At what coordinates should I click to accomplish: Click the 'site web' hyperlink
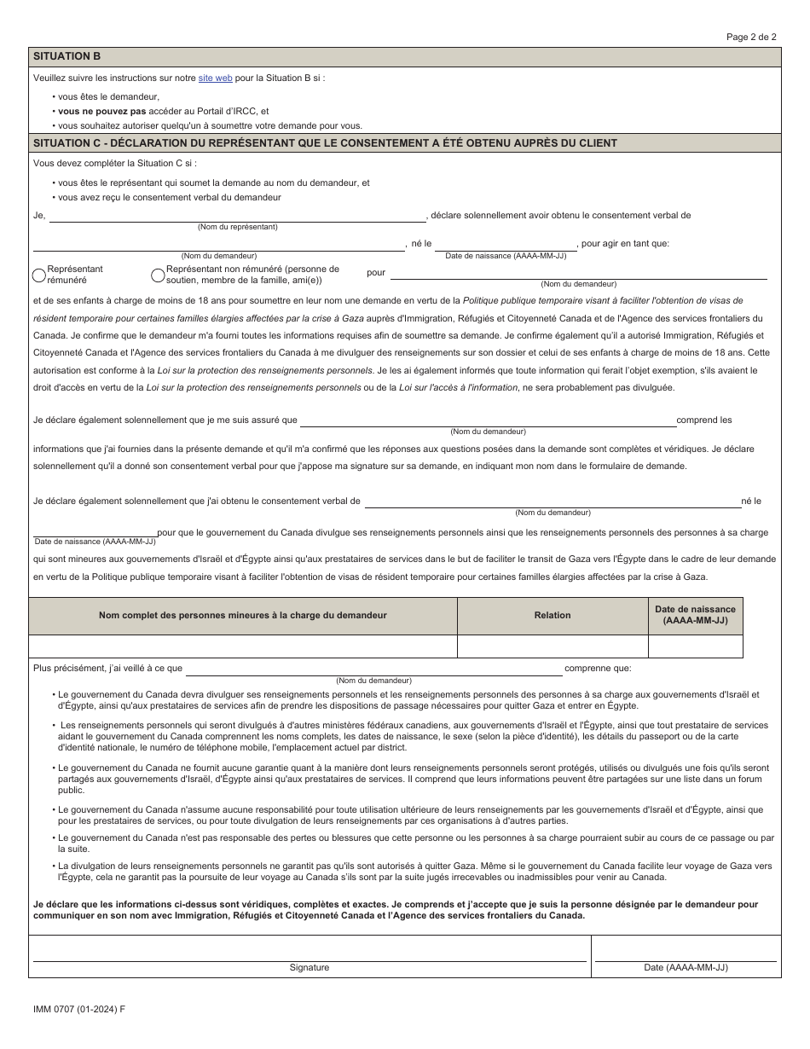[215, 78]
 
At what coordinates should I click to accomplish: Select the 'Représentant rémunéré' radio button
[38, 275]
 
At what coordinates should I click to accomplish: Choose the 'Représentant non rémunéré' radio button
[158, 275]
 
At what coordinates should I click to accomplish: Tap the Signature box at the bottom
[309, 948]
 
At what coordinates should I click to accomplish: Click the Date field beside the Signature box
[686, 948]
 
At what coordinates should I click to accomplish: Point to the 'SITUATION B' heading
[67, 56]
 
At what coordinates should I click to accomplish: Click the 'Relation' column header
[553, 615]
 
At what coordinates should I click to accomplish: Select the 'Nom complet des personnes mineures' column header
[243, 615]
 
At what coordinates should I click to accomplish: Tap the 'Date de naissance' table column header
[695, 615]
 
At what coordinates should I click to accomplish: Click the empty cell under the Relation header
[553, 646]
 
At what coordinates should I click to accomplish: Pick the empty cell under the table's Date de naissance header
[695, 646]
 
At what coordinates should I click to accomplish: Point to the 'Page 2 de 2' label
[751, 37]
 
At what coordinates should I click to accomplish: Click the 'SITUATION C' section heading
[324, 143]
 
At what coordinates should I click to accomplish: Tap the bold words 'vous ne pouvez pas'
[101, 111]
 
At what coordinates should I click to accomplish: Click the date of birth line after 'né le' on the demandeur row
[506, 244]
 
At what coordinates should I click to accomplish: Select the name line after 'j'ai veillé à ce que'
[373, 669]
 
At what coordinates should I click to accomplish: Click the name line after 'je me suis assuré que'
[487, 420]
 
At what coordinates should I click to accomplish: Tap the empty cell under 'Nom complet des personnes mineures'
[243, 646]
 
